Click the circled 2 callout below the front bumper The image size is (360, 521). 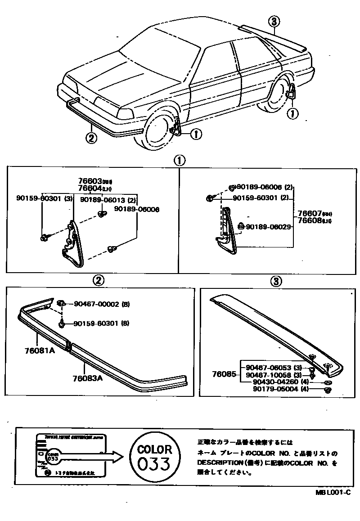coord(91,138)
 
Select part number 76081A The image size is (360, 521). coord(40,350)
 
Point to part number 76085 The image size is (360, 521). coord(224,374)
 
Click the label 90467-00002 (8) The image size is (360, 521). coord(101,304)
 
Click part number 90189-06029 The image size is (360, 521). coord(268,227)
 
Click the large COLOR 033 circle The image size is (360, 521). coord(154,457)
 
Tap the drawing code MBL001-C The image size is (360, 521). coord(333,493)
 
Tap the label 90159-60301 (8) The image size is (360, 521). coord(101,323)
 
